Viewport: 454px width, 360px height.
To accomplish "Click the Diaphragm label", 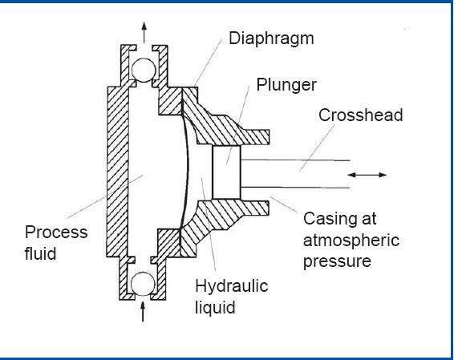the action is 271,39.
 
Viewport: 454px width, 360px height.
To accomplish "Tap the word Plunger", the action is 286,85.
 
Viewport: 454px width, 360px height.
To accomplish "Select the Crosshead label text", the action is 360,115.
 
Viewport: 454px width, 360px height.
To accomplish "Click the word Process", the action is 56,232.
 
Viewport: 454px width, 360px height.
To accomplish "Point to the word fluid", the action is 40,253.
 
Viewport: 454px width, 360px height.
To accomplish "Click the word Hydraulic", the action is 232,286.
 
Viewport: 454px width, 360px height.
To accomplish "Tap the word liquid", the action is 215,307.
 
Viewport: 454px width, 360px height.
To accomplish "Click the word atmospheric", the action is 351,241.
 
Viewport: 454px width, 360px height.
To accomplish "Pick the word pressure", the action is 337,262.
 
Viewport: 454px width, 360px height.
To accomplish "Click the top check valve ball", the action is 144,70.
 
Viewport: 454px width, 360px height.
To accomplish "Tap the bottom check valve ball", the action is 143,284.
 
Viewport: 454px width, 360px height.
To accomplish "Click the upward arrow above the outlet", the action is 144,32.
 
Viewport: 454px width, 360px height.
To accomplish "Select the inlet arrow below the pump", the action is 143,311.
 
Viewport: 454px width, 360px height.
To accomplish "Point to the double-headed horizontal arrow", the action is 367,175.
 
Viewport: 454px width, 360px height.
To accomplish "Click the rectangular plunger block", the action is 226,172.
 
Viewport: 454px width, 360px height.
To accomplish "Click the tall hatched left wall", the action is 117,172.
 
